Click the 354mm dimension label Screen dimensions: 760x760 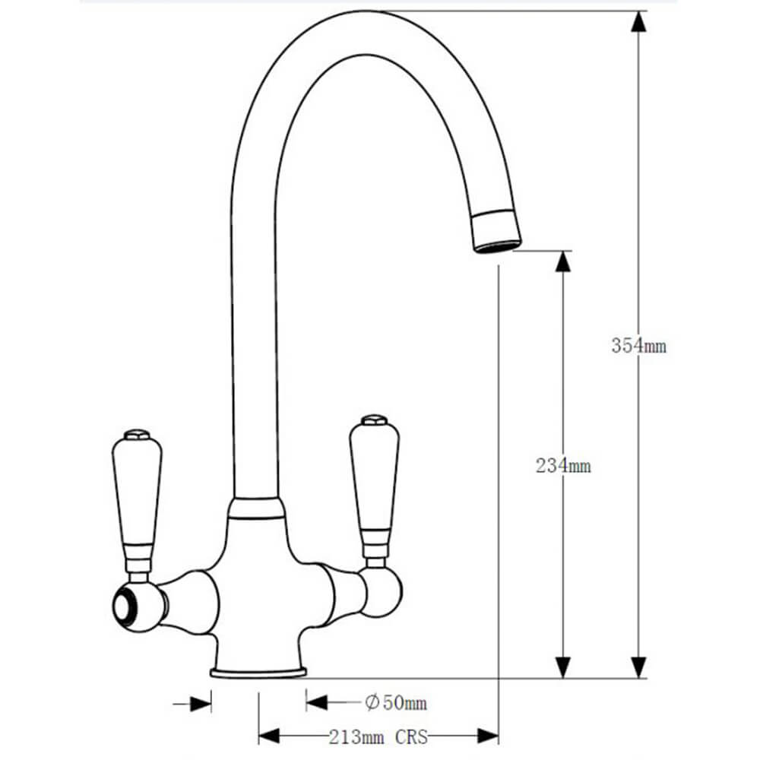pyautogui.click(x=638, y=345)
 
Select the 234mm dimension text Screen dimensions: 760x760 pyautogui.click(x=563, y=466)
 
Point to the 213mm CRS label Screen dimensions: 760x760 pyautogui.click(x=378, y=736)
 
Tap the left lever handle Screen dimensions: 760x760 pyautogui.click(x=137, y=494)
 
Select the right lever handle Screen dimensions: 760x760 pyautogui.click(x=374, y=479)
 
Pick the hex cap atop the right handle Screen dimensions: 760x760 pyautogui.click(x=374, y=420)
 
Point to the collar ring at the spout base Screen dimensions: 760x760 pyautogui.click(x=255, y=508)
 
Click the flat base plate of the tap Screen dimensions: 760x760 pyautogui.click(x=258, y=672)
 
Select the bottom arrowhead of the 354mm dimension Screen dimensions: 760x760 pyautogui.click(x=639, y=667)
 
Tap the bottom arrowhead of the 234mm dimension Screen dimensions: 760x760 pyautogui.click(x=562, y=667)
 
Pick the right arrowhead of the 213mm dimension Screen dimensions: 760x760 pyautogui.click(x=488, y=736)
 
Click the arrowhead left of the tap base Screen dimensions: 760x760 pyautogui.click(x=201, y=703)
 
